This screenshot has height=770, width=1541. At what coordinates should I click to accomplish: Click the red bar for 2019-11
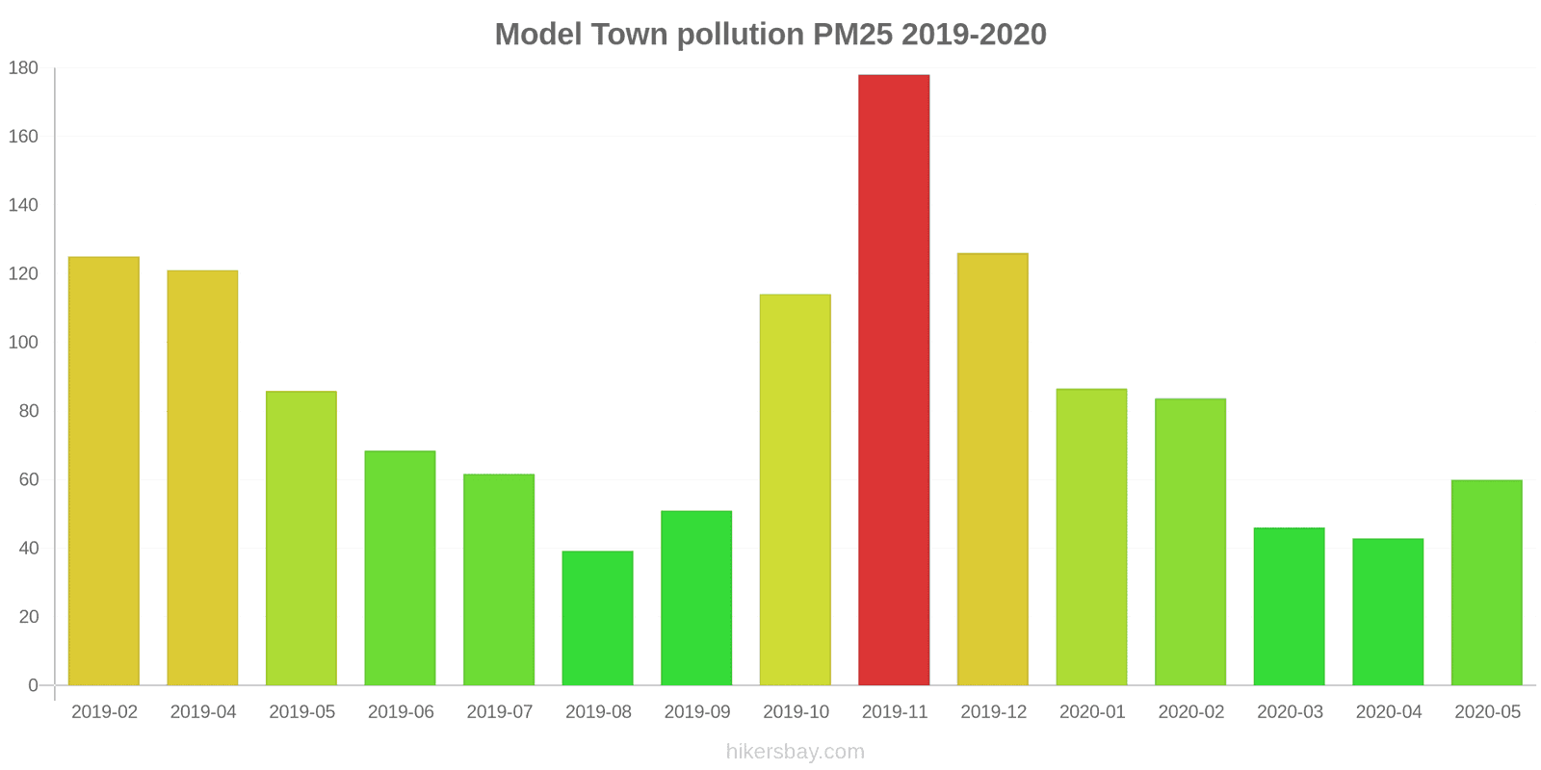894,380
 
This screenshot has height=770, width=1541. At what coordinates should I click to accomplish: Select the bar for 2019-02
104,471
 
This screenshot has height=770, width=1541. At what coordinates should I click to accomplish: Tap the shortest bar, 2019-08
597,618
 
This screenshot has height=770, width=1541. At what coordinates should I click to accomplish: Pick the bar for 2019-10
795,490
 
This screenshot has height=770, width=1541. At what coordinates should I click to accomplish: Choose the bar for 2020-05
1486,582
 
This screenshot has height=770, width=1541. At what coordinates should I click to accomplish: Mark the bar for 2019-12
992,469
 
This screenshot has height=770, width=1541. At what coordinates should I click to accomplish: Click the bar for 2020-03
1289,606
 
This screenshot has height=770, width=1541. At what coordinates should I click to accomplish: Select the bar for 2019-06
400,568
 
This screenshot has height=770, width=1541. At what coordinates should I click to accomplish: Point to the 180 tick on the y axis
23,68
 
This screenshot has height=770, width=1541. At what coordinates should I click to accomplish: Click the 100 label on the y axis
23,343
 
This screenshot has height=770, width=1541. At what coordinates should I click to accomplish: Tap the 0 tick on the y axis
33,685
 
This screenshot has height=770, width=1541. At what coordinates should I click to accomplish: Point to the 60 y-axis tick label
28,479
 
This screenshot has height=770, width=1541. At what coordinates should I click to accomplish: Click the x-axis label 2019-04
203,712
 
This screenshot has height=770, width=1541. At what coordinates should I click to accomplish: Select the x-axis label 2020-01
1092,712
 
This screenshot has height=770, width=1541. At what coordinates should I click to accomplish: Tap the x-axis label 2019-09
697,712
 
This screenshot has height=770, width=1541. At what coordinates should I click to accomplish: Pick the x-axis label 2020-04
1389,712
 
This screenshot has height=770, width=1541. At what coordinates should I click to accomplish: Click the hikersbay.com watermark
796,752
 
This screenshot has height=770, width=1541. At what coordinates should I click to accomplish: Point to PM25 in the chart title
852,35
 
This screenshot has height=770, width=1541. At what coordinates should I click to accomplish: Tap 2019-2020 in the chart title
974,35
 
